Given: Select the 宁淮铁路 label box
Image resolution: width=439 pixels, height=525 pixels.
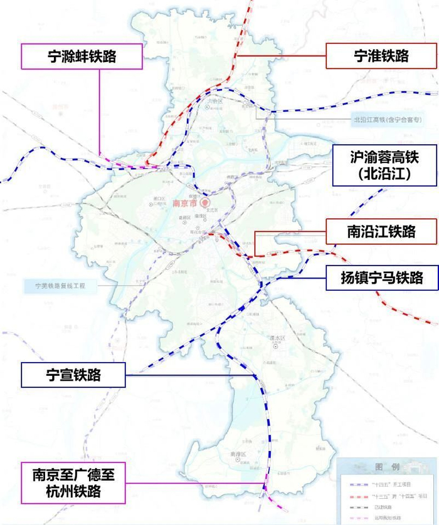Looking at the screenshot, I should coord(381,56).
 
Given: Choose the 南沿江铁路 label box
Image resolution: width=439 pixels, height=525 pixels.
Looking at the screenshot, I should coord(381,232).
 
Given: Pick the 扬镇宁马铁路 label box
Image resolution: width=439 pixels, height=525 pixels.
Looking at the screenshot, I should coord(381,276).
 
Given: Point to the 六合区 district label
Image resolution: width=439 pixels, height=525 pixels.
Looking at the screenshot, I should coord(206,108).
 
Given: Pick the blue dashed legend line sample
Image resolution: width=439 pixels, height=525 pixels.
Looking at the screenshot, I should coord(359,484).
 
